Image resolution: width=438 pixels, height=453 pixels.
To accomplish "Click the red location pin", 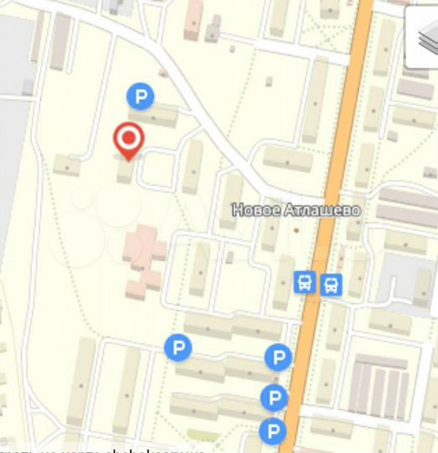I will (x=128, y=140).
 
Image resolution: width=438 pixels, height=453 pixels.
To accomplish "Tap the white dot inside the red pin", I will (x=128, y=136).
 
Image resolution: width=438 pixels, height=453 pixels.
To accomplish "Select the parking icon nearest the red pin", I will (x=140, y=97).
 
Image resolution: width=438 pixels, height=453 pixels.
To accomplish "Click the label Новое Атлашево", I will (x=296, y=210).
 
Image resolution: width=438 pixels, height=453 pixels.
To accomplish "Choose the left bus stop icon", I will (x=306, y=283).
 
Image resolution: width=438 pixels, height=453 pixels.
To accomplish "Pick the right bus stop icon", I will (x=332, y=283).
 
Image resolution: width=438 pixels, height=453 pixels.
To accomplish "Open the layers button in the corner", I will (x=422, y=38).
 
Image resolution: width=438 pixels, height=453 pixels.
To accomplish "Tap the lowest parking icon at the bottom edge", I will (x=271, y=433).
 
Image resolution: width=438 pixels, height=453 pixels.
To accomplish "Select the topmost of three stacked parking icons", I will (x=277, y=358).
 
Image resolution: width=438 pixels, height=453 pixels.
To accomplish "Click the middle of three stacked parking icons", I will (x=272, y=397).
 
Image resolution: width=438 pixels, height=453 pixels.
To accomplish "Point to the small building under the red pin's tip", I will (x=126, y=172).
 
